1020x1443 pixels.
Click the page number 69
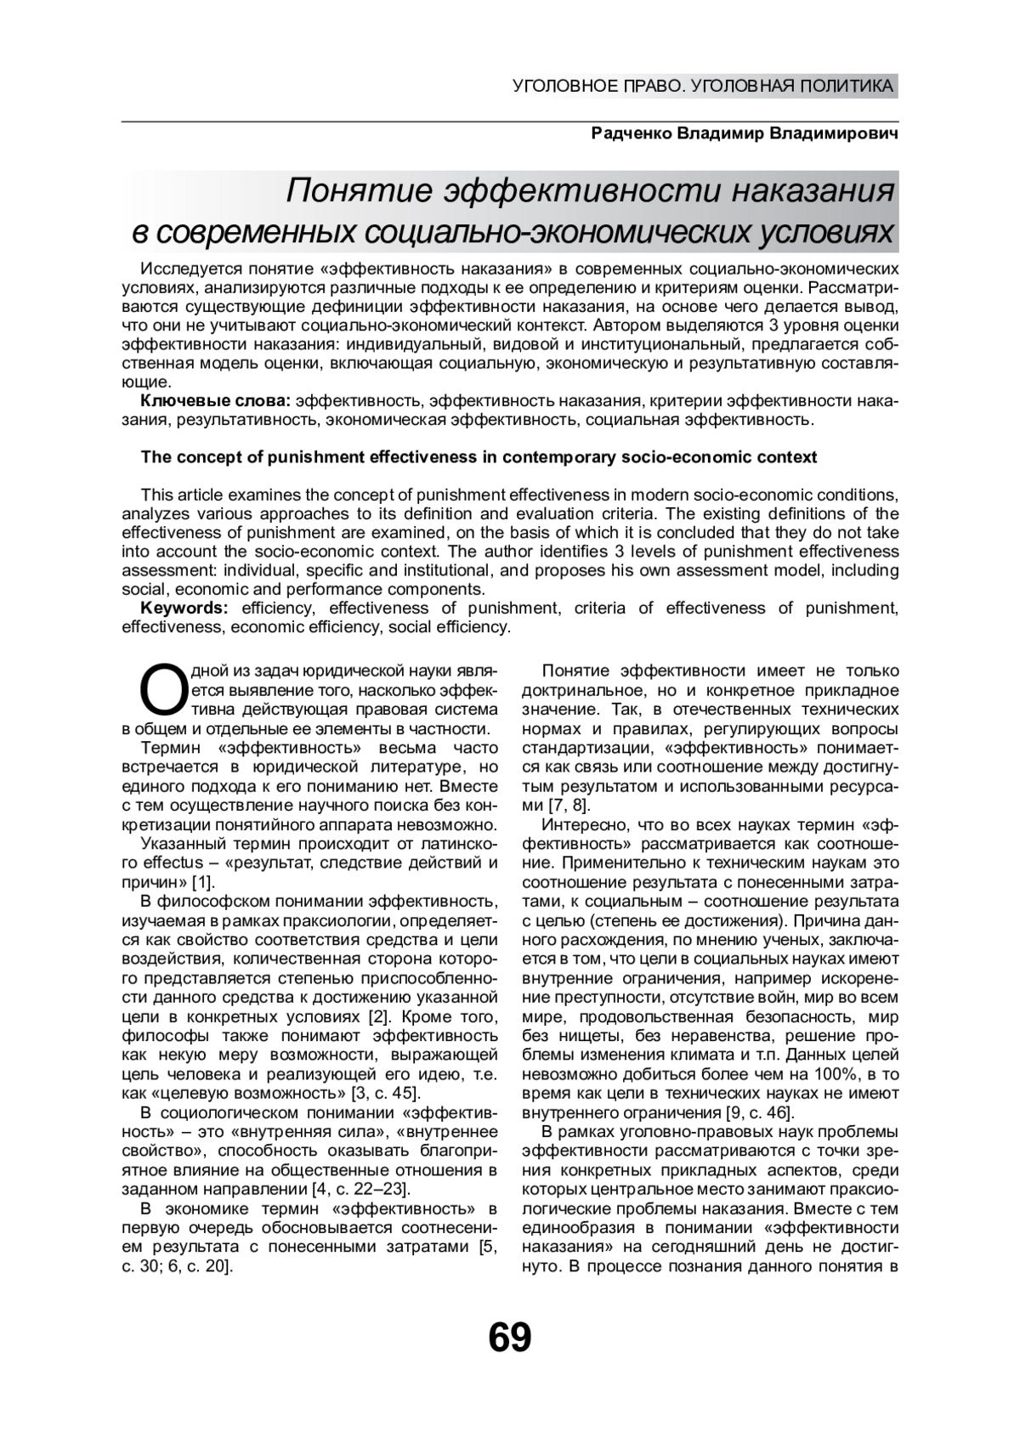point(510,1338)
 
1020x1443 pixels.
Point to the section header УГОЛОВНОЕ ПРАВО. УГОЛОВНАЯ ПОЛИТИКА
point(704,86)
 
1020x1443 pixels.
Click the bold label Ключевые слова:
point(216,401)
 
